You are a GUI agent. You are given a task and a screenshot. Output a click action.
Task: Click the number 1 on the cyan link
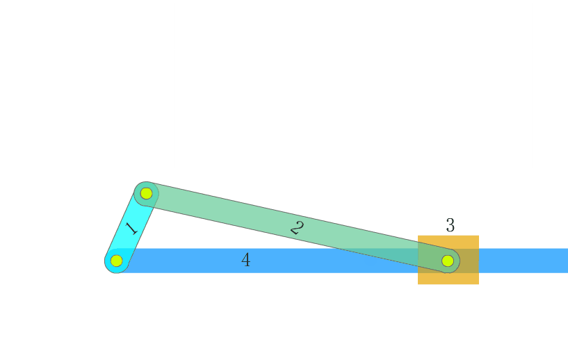coord(131,229)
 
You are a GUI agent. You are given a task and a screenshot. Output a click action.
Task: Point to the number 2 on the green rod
coord(297,228)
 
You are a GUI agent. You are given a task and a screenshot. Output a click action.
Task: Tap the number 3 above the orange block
coord(451,225)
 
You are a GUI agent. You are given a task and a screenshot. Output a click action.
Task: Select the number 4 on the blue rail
coord(246,260)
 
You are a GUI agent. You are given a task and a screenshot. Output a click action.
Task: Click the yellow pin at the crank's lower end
coord(116,261)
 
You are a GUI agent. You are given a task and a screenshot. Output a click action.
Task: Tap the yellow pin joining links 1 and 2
coord(147,193)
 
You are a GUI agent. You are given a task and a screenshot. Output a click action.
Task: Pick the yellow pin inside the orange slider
coord(448,261)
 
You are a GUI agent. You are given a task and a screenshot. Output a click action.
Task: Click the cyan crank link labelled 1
coord(131,227)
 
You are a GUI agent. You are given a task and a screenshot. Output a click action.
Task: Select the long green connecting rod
coord(297,227)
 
